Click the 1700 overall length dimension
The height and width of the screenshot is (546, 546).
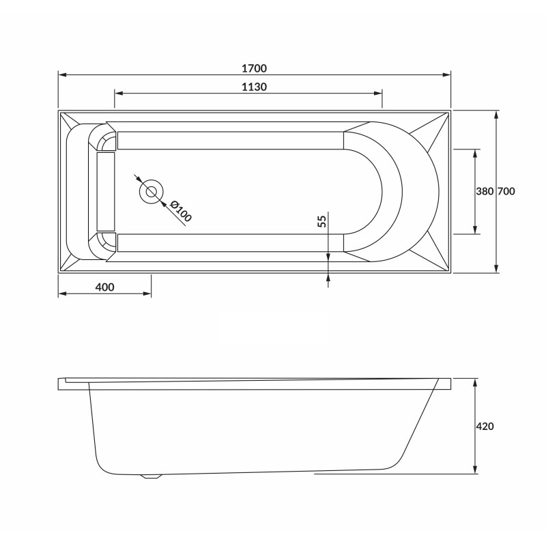(253, 68)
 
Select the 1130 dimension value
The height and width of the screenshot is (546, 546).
(253, 87)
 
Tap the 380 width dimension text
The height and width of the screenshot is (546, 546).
(484, 192)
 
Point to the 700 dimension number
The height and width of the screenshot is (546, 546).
(506, 192)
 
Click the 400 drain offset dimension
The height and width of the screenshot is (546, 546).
(104, 287)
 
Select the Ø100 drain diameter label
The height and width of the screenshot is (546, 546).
(180, 211)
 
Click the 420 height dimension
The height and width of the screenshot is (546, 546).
(485, 426)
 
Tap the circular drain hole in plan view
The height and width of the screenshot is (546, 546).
(150, 192)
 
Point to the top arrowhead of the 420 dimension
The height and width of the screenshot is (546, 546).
(475, 380)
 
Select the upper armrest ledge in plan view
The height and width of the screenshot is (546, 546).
(230, 140)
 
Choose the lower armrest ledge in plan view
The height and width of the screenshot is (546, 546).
(230, 243)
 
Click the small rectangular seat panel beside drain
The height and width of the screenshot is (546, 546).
(106, 191)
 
